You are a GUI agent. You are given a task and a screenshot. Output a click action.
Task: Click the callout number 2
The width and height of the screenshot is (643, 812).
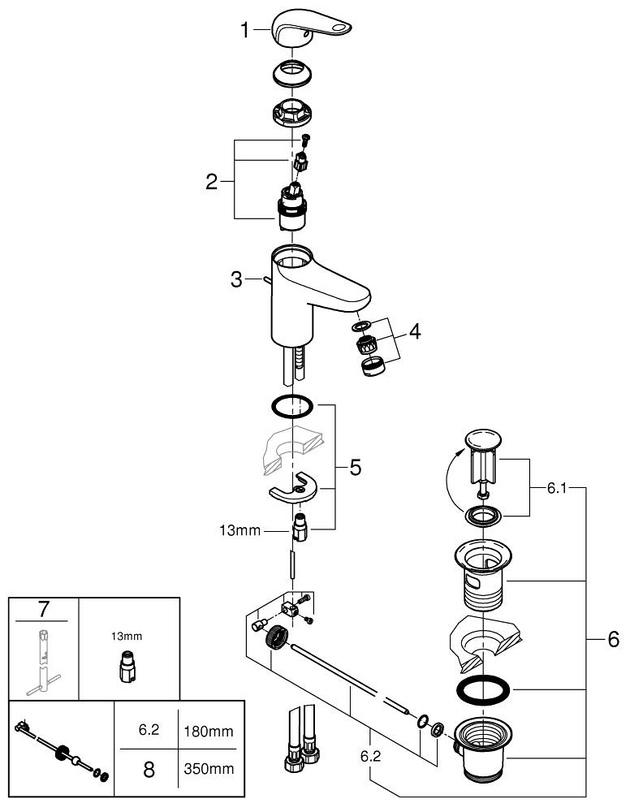point(212,181)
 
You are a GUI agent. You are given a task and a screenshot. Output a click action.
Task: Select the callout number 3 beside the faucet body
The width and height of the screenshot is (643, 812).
point(236,280)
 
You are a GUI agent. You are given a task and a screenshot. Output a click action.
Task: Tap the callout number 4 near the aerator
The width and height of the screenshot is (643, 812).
point(415,331)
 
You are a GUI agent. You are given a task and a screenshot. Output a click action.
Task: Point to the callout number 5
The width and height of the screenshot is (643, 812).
point(355,468)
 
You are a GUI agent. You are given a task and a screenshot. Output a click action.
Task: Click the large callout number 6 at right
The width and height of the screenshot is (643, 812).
point(613,639)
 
